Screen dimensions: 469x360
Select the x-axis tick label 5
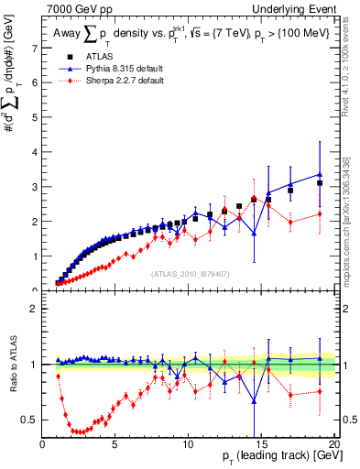[x=115, y=444]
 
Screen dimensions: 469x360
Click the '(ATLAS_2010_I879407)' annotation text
[x=189, y=273]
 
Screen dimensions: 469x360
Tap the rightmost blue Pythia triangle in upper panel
[x=320, y=174]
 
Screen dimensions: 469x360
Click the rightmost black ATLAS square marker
[x=320, y=183]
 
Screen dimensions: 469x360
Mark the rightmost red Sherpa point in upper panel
[x=320, y=214]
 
